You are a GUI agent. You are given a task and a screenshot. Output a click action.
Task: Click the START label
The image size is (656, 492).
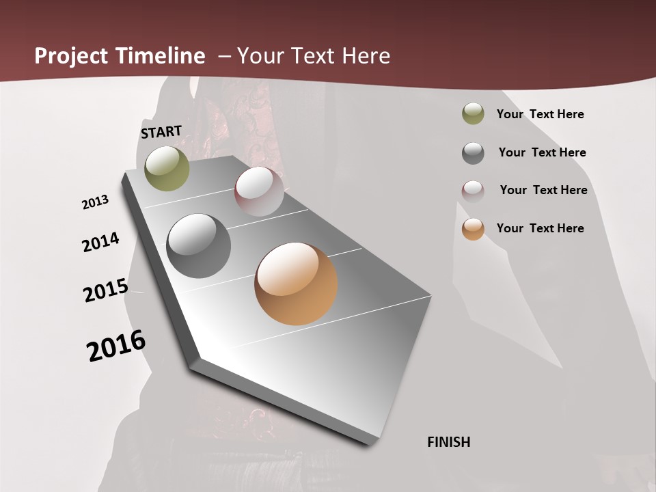point(161,132)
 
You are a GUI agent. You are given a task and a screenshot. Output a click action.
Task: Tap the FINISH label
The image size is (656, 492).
point(449,442)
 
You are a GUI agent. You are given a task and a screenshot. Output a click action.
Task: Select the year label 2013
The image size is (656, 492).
point(95,202)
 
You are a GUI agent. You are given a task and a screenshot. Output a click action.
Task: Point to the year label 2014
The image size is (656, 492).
point(100,243)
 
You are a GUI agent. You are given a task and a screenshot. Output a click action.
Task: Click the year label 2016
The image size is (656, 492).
point(116,346)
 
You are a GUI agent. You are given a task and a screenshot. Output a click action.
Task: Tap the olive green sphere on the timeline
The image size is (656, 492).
point(167,169)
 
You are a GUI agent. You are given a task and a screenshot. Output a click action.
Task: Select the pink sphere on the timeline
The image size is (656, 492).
point(259,191)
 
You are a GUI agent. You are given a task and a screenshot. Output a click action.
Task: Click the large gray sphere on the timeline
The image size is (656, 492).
point(198,246)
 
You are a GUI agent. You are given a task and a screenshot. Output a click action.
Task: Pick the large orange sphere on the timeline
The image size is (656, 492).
point(296,284)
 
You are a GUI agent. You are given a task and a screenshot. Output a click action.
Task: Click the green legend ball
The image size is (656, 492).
point(473,113)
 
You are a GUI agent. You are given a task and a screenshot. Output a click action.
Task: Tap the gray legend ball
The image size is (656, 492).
point(473,152)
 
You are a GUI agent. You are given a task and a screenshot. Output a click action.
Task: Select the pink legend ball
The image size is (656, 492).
point(473,191)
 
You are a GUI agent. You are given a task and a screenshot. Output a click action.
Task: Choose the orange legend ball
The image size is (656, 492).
point(473,229)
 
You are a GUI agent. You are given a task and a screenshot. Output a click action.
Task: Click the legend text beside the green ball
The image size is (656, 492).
point(540,114)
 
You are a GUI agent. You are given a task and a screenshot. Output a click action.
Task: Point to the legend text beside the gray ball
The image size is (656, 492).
point(542,152)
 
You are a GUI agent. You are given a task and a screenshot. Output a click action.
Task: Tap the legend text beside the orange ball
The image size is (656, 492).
point(540,228)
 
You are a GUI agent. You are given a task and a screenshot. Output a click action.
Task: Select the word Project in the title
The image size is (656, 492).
point(72,56)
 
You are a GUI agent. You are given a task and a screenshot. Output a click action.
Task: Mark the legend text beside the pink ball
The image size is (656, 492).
point(543,190)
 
